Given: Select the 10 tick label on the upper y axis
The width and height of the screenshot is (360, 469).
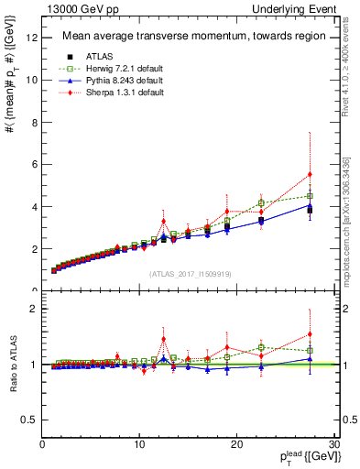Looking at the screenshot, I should pyautogui.click(x=33, y=80).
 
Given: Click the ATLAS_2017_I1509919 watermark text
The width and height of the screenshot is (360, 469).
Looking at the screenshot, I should pyautogui.click(x=189, y=274).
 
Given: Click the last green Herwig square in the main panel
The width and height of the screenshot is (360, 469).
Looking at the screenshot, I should pyautogui.click(x=310, y=196).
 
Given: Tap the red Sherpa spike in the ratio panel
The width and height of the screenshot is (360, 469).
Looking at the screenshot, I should pyautogui.click(x=164, y=339).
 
